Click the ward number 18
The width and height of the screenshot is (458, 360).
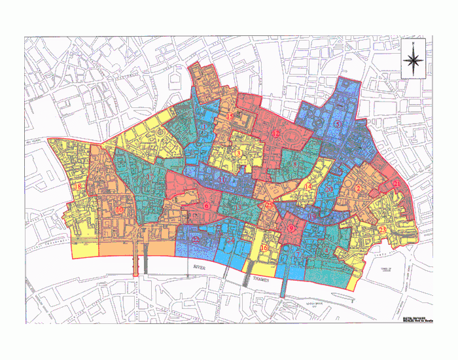coord(78,187)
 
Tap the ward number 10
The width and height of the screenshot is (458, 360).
coord(119,209)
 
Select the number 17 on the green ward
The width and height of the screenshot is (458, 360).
coord(150,177)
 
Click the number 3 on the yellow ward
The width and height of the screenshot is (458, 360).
coord(239,153)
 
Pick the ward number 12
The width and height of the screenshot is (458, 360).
coord(275,134)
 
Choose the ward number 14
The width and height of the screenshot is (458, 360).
coord(308,187)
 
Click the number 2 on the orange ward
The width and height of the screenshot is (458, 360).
coord(359,190)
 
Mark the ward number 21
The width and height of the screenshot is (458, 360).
coord(396,185)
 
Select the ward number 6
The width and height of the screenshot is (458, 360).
coord(207,206)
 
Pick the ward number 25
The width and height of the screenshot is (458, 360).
coord(269,206)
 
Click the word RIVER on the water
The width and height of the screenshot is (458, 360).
coord(202,267)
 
